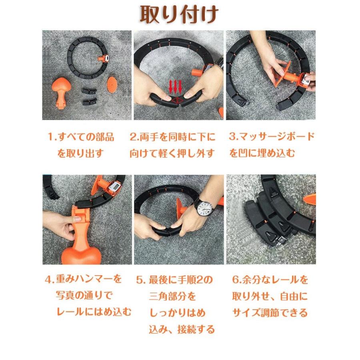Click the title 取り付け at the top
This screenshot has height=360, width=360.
click(179, 15)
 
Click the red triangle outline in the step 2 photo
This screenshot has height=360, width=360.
click(176, 100)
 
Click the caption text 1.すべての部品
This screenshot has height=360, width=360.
click(80, 137)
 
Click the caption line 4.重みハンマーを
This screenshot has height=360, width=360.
click(83, 279)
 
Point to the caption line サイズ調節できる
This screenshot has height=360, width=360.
click(270, 313)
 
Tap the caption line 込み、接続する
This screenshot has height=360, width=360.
click(182, 330)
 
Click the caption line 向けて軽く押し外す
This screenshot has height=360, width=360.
click(172, 153)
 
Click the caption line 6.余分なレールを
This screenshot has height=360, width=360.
click(270, 280)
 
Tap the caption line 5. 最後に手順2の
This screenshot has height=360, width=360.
click(174, 280)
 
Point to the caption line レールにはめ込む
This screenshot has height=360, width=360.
click(94, 312)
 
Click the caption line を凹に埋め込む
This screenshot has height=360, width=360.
click(262, 153)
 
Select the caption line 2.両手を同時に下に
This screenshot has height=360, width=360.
click(172, 137)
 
